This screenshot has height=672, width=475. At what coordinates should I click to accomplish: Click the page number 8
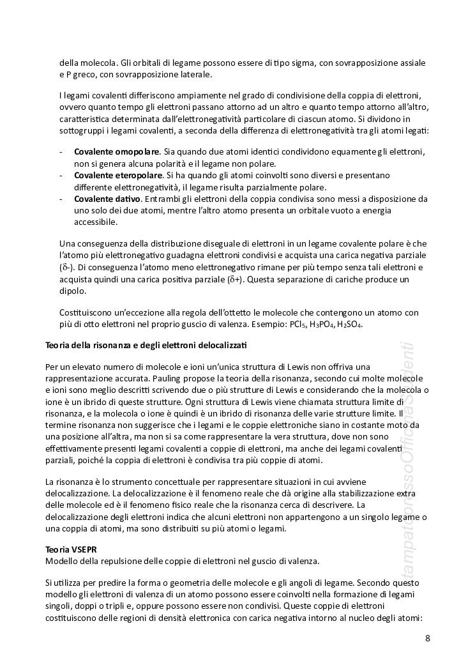click(427, 638)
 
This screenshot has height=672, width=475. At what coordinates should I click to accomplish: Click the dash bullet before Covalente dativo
click(60, 199)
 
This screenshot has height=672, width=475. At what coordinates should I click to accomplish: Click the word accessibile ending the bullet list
click(96, 222)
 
